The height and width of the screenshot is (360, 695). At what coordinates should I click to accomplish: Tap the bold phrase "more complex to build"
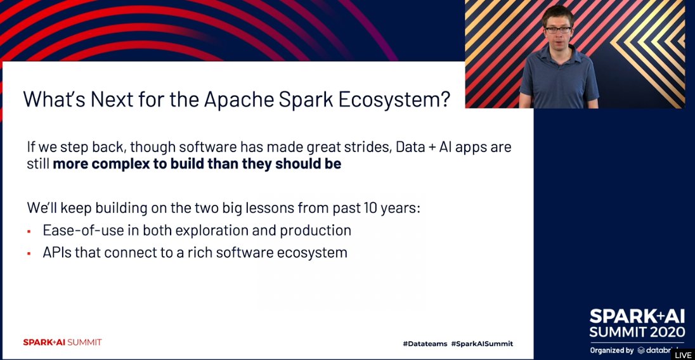tap(127, 164)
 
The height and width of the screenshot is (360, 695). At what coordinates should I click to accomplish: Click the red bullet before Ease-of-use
tap(29, 231)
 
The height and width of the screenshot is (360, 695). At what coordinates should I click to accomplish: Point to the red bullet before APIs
tap(29, 253)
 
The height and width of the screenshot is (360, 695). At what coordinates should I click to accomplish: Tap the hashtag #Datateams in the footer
tap(425, 344)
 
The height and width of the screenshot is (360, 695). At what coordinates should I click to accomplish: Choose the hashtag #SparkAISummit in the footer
tap(482, 344)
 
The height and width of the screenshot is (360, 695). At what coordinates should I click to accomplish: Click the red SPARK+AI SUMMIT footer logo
tap(62, 342)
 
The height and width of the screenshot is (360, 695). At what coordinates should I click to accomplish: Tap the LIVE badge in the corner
tap(683, 355)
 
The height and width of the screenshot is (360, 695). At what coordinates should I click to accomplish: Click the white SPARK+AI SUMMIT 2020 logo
tap(637, 323)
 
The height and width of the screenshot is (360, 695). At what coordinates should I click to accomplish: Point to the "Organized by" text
tap(611, 350)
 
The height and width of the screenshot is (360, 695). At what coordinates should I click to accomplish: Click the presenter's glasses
tap(557, 28)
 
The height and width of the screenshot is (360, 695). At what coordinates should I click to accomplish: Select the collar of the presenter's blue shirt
tap(558, 51)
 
